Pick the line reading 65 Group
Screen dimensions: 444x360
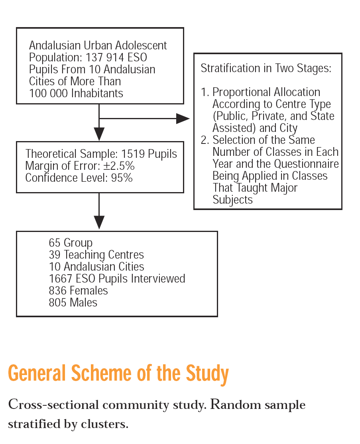coord(71,243)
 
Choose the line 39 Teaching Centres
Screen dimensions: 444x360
coord(96,255)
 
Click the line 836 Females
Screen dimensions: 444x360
coord(78,291)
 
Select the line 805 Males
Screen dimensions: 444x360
coord(73,303)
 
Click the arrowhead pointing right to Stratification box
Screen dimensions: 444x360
coord(183,118)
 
